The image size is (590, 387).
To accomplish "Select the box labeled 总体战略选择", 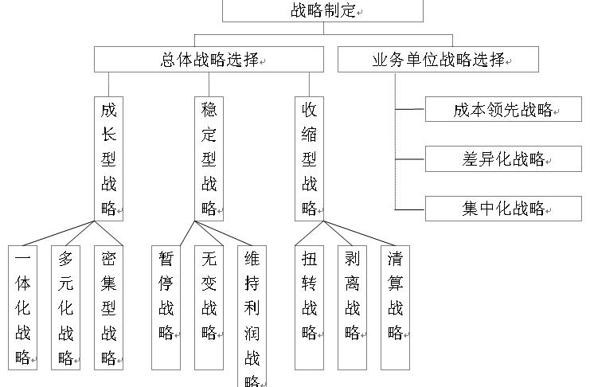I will coord(209,60).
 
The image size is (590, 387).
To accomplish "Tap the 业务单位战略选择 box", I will coord(439,60).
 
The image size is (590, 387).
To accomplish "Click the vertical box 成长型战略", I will coord(109,158).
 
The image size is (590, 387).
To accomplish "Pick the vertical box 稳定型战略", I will coord(209,158).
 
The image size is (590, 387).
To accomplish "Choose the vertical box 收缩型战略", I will coord(310,158).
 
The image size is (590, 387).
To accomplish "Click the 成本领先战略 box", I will coord(503,110).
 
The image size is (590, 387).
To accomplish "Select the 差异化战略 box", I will coord(503,158).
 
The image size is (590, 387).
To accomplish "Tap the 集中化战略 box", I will coord(503,209).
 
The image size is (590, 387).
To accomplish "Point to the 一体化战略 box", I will coord(24,307).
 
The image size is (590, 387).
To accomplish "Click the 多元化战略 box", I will coord(67,307).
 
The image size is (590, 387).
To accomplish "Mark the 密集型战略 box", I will coord(109,307).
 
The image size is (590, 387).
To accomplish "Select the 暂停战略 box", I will coord(166,307).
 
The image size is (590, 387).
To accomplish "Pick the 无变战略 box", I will coord(209,307).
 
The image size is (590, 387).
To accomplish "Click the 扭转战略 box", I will coord(310,307).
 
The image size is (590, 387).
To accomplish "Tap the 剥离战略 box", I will coord(352,307).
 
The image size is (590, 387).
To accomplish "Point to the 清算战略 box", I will coord(396,307).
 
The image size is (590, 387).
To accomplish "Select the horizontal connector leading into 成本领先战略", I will coord(410,110).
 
